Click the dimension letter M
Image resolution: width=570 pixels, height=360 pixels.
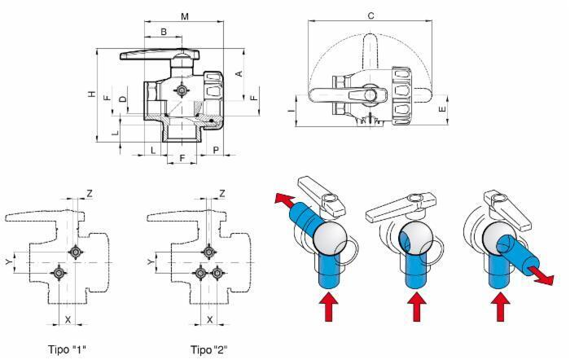pyautogui.click(x=185, y=16)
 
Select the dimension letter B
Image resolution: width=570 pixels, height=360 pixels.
pyautogui.click(x=164, y=32)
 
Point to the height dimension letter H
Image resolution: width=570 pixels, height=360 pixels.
pyautogui.click(x=93, y=94)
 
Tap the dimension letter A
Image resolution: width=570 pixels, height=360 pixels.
pyautogui.click(x=239, y=74)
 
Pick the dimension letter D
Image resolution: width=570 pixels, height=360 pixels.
pyautogui.click(x=123, y=99)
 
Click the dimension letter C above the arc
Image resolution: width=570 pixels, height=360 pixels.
pyautogui.click(x=370, y=15)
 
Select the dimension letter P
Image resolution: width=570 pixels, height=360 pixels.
pyautogui.click(x=216, y=150)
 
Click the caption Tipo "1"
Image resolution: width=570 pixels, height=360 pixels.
pyautogui.click(x=68, y=349)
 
